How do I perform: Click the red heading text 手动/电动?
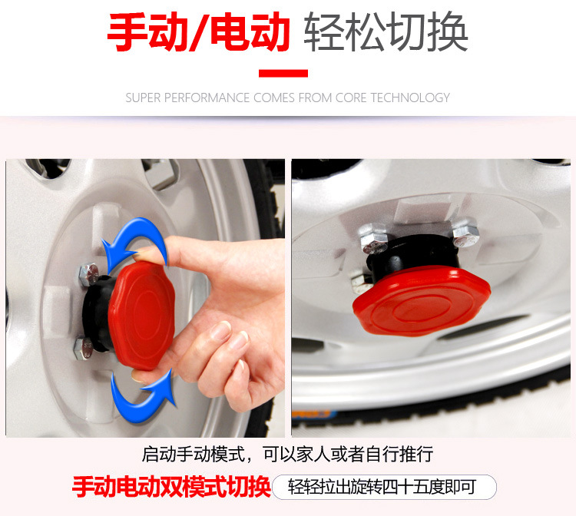pos(199,32)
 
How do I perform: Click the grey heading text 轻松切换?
pos(386,32)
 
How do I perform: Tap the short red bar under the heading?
pos(283,74)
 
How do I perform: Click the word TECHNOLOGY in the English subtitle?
pos(410,98)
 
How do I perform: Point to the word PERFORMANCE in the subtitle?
pos(207,98)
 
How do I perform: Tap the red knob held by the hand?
pos(142,316)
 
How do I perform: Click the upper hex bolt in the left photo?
pos(89,274)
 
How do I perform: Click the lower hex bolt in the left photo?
pos(84,349)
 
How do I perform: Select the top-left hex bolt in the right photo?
pos(373,239)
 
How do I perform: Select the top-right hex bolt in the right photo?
pos(465,233)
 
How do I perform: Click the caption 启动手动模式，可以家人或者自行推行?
pos(288,455)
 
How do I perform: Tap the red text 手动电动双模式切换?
pos(171,487)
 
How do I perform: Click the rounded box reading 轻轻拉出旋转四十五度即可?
pos(384,487)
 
